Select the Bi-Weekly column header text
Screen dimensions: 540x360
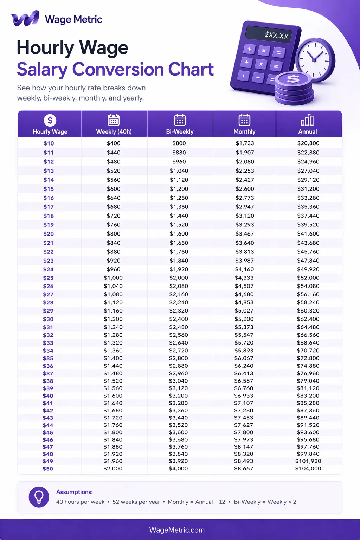point(180,132)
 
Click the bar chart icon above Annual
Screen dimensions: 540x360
point(307,120)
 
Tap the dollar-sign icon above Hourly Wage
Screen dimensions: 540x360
point(50,120)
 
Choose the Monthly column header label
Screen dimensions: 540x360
point(244,132)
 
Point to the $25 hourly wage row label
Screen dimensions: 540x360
point(49,278)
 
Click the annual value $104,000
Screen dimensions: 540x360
point(308,469)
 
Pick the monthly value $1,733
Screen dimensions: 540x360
point(245,143)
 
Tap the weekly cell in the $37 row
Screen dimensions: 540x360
point(113,374)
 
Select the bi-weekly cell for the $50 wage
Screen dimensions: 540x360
point(178,469)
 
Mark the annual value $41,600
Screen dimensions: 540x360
point(308,234)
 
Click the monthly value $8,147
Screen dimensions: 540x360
point(244,447)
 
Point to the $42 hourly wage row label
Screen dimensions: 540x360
point(48,411)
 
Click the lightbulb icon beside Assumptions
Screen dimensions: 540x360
point(39,497)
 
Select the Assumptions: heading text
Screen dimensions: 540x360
point(75,492)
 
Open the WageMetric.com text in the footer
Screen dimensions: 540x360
point(177,530)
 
